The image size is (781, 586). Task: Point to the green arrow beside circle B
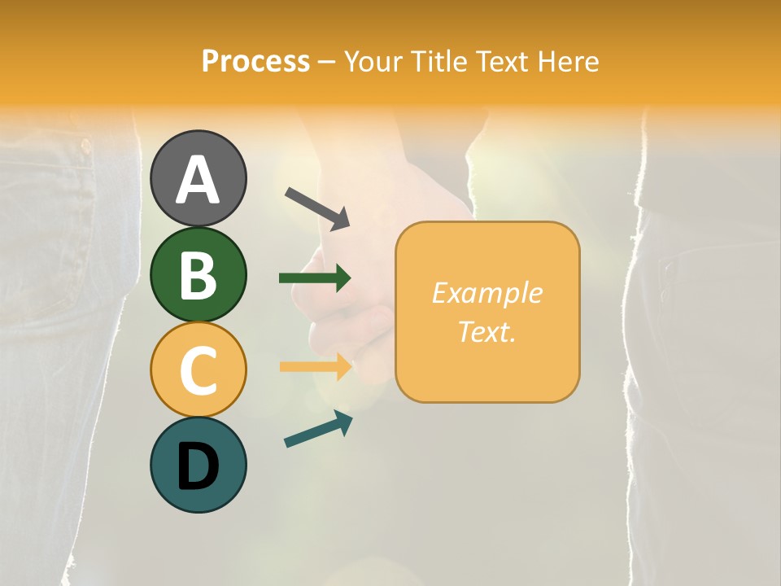(315, 278)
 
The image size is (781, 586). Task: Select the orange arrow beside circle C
(316, 366)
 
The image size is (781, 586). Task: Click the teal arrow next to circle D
(318, 430)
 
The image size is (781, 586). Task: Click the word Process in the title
(255, 62)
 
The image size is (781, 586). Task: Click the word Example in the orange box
(486, 293)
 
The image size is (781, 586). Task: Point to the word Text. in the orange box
(486, 332)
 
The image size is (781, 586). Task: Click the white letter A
(198, 179)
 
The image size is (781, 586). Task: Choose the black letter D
(198, 466)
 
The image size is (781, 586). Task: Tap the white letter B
(198, 275)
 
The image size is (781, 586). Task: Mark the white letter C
(198, 370)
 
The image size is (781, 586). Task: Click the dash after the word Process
(326, 63)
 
